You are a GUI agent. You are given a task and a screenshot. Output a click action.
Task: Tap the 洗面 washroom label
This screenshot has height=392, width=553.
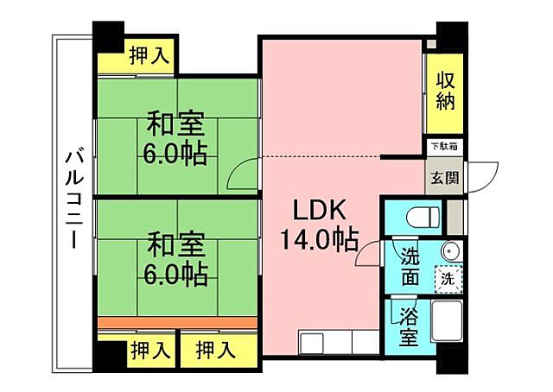[410, 266]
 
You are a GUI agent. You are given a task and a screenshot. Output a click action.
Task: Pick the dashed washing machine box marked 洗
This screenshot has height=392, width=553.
[448, 278]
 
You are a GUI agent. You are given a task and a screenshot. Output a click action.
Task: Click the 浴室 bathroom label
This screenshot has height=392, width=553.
[410, 326]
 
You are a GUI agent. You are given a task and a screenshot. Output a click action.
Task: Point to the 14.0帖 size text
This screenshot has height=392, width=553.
[319, 239]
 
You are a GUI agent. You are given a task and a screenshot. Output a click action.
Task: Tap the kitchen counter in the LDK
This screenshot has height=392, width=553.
[338, 343]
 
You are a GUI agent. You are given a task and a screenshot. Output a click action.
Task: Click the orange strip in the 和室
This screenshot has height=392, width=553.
[177, 322]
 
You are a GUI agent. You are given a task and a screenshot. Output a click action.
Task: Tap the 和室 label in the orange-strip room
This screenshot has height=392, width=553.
[175, 244]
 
